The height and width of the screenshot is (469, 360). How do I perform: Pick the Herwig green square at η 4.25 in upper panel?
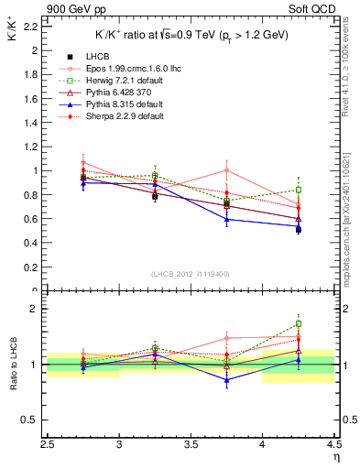coord(298,191)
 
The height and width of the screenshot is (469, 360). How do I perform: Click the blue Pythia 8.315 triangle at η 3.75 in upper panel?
coord(226,219)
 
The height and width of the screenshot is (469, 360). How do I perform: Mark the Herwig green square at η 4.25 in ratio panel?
coord(298,323)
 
